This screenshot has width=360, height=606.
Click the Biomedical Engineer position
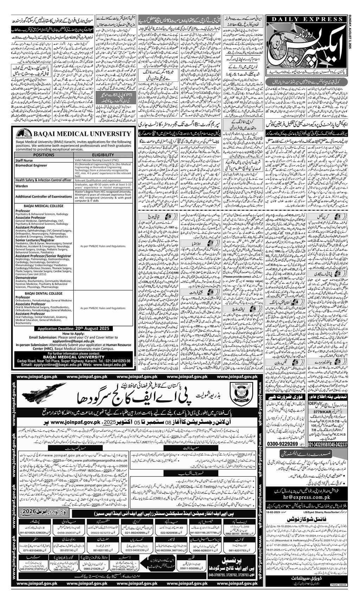31,165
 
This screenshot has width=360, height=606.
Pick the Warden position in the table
21,186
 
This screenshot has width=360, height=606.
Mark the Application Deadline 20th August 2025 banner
73,328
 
